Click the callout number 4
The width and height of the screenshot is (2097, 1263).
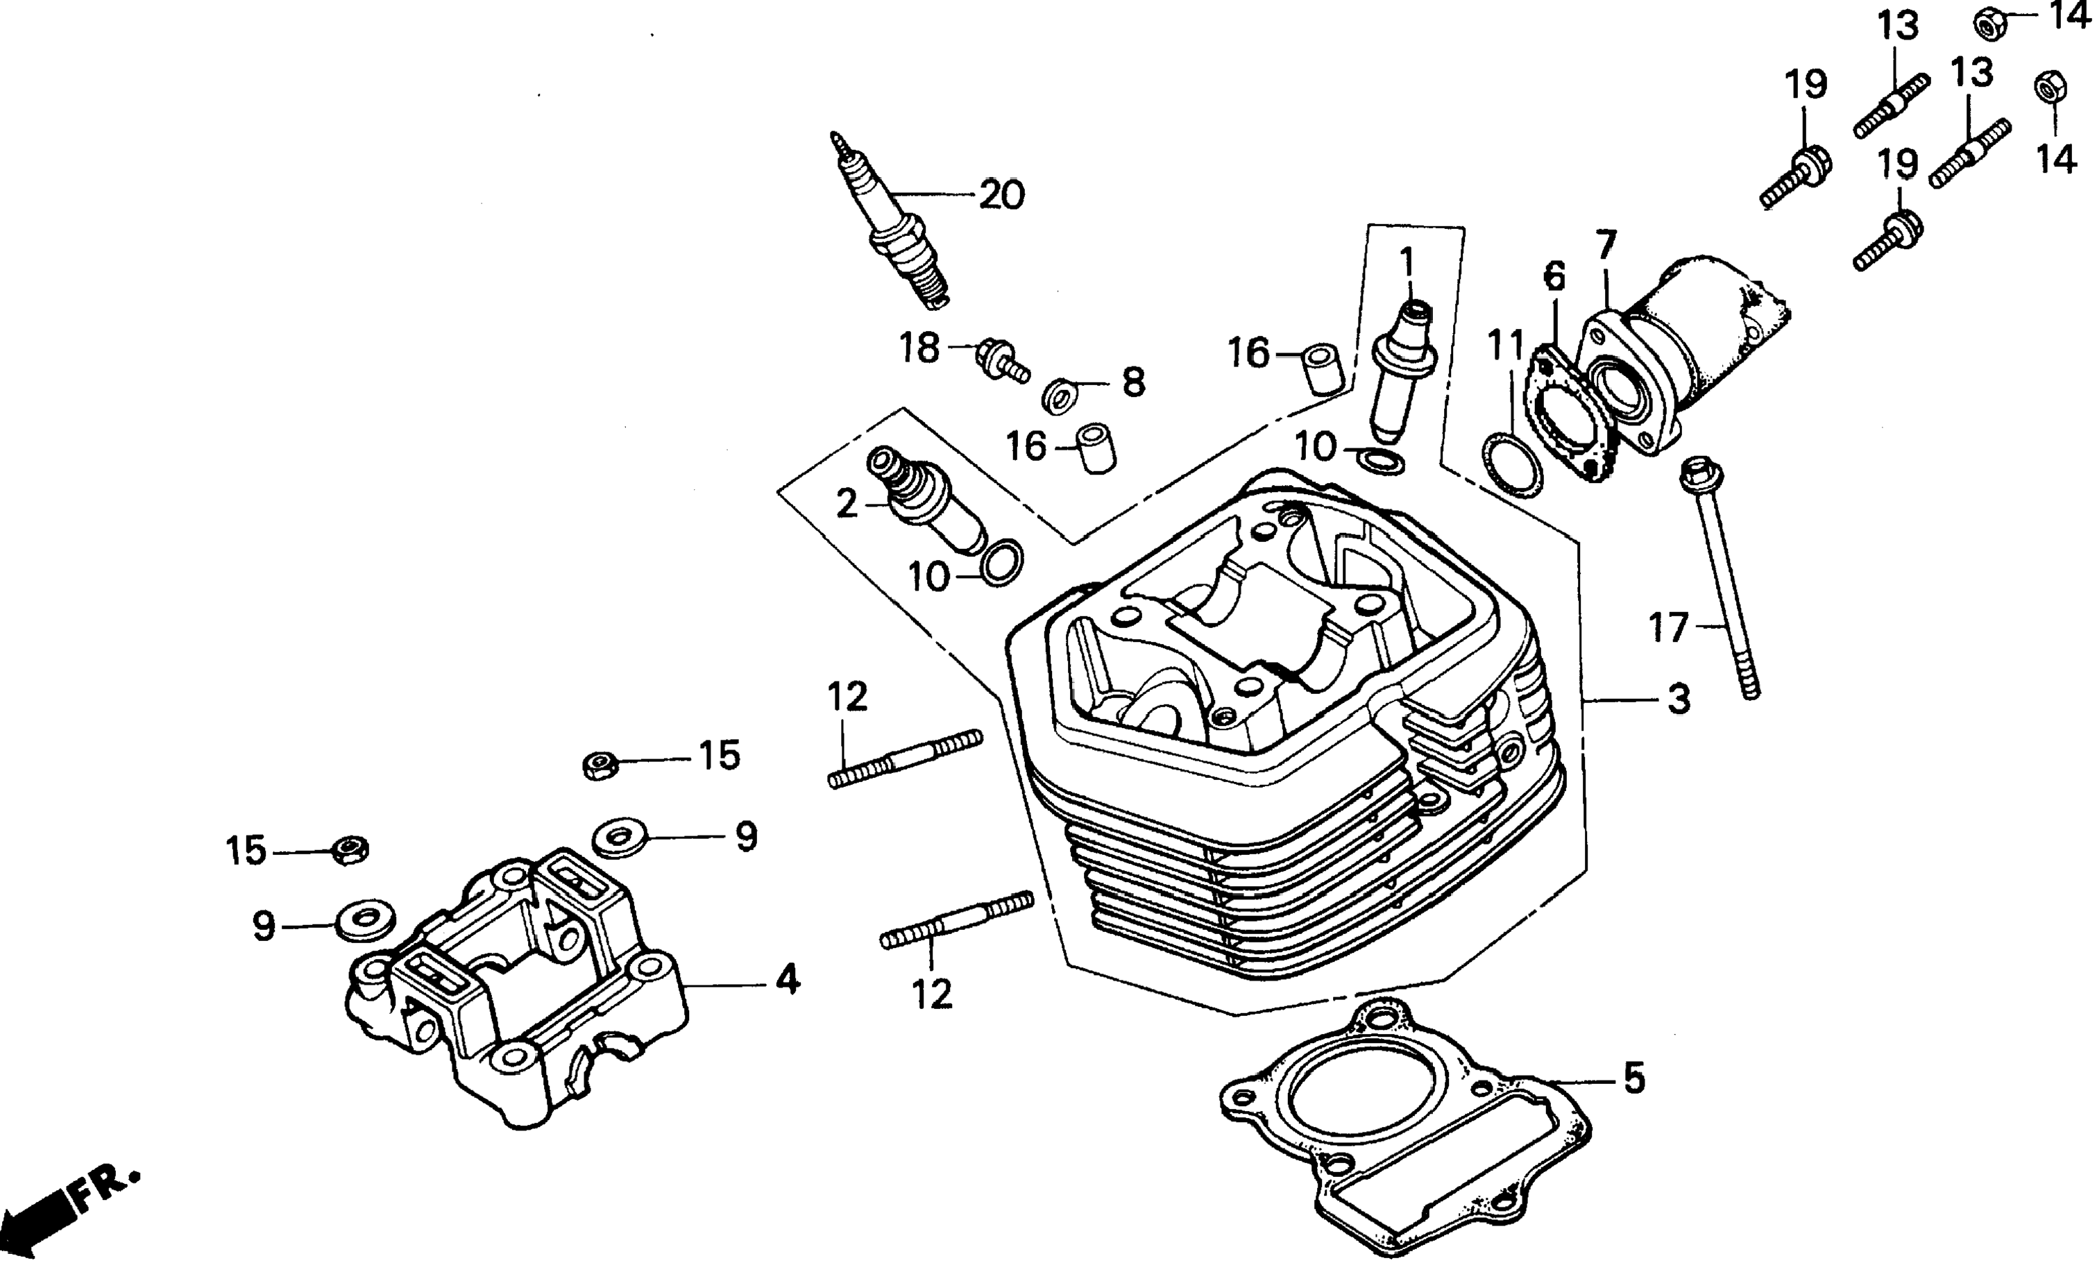(x=787, y=980)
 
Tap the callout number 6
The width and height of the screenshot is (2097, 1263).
(x=1554, y=277)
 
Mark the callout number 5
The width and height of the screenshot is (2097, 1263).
(x=1633, y=1079)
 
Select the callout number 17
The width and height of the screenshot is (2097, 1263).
(x=1668, y=628)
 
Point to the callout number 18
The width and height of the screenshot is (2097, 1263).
(x=919, y=348)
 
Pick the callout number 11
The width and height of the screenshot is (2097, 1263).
(x=1506, y=346)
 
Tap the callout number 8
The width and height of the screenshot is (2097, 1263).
(x=1134, y=383)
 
